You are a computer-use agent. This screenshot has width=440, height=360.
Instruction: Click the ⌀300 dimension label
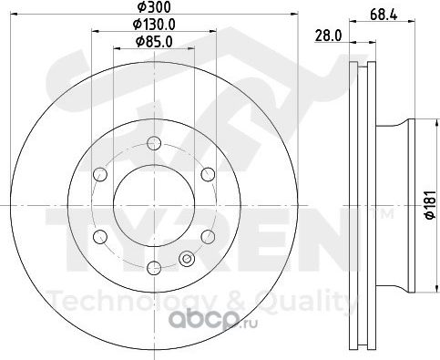point(154,7)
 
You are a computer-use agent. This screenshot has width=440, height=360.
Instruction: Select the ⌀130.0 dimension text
point(154,25)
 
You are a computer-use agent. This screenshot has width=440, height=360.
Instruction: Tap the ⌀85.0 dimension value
point(154,42)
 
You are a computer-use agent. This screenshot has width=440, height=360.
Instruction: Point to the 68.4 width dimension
point(384,15)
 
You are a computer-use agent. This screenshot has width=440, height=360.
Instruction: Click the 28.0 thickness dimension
point(328,36)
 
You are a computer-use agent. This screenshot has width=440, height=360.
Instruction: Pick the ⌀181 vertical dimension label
point(430,205)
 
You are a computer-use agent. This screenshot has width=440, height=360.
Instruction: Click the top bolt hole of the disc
point(154,143)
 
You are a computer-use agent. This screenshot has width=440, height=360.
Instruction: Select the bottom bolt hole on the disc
point(154,268)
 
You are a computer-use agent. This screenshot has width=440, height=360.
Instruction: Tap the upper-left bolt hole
point(100,174)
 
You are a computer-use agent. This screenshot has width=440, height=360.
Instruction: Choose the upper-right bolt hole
point(208,174)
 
